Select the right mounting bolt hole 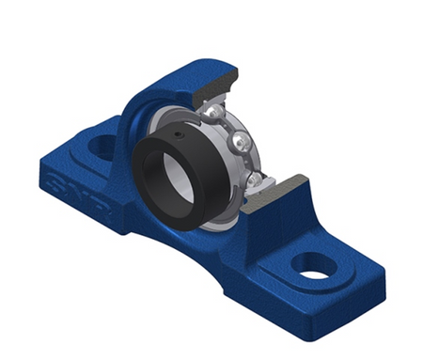pos(315,267)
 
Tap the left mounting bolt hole pos(104,146)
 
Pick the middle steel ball pos(243,143)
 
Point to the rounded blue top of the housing pos(179,70)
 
